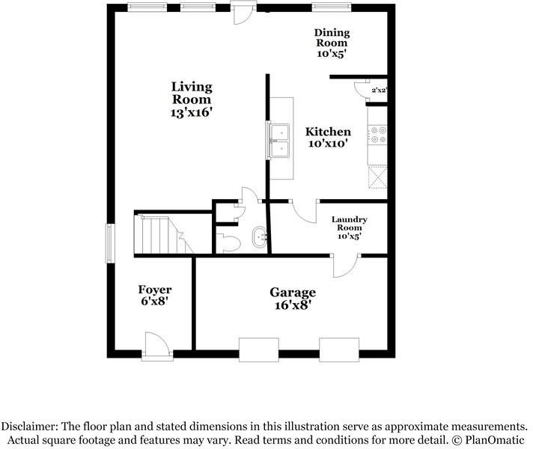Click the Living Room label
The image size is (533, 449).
pyautogui.click(x=192, y=100)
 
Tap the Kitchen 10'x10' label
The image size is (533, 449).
pyautogui.click(x=328, y=137)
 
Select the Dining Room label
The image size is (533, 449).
pyautogui.click(x=332, y=43)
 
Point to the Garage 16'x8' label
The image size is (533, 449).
pyautogui.click(x=293, y=299)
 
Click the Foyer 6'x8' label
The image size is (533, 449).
pyautogui.click(x=155, y=295)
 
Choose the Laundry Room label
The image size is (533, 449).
pyautogui.click(x=350, y=227)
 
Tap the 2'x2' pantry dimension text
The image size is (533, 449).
pyautogui.click(x=380, y=91)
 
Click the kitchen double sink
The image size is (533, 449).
pyautogui.click(x=278, y=141)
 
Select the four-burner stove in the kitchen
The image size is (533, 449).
pyautogui.click(x=377, y=135)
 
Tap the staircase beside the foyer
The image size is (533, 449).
pyautogui.click(x=164, y=235)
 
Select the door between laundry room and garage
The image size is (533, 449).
pyautogui.click(x=345, y=266)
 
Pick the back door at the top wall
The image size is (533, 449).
pyautogui.click(x=243, y=12)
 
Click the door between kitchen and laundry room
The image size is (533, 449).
pyautogui.click(x=304, y=211)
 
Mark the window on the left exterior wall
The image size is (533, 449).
pyautogui.click(x=110, y=243)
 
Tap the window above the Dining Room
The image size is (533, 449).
pyautogui.click(x=331, y=7)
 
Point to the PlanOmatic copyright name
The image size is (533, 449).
pyautogui.click(x=495, y=440)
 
